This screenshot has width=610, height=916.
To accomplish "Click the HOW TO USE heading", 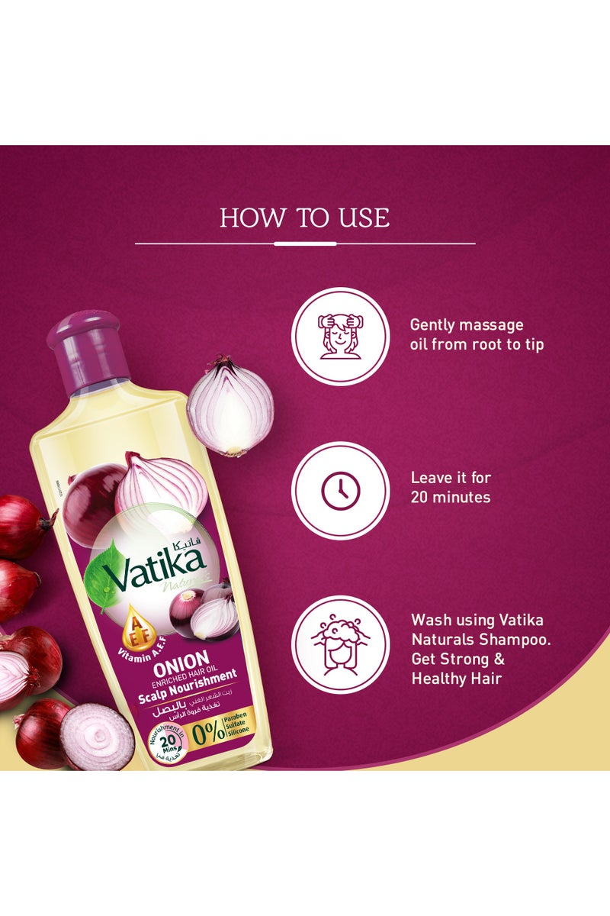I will coord(305,218).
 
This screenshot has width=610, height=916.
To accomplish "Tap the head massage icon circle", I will coord(341,337).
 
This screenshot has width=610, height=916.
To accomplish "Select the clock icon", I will coord(341,492).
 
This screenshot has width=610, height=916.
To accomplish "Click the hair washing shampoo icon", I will coord(341,645).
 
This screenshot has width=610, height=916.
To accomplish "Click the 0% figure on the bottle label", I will coord(208,731).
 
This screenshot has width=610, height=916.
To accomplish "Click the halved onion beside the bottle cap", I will coord(230,405).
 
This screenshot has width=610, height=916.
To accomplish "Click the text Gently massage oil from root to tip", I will coord(477,334).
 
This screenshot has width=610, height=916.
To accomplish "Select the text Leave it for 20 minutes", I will coord(451,488).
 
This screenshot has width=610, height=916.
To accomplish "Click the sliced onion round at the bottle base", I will coord(98,736).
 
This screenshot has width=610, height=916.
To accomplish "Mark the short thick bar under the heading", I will coord(305,244).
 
